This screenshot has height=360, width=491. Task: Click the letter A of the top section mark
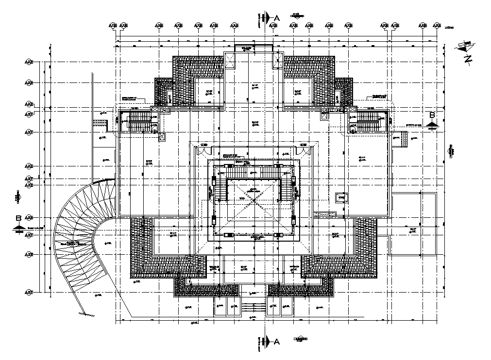[x=277, y=18]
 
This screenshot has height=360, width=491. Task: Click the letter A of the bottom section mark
[x=277, y=342]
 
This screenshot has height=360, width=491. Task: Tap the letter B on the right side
[x=432, y=115]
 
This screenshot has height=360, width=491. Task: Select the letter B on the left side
[x=18, y=218]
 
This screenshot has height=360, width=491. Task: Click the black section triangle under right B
[x=432, y=125]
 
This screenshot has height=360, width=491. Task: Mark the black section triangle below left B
[x=18, y=227]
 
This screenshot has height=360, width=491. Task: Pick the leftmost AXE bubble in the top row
[x=113, y=25]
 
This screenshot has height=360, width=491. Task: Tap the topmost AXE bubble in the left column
[x=29, y=63]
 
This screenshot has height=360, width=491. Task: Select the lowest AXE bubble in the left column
[x=29, y=292]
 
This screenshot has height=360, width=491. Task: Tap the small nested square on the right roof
[x=341, y=197]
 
